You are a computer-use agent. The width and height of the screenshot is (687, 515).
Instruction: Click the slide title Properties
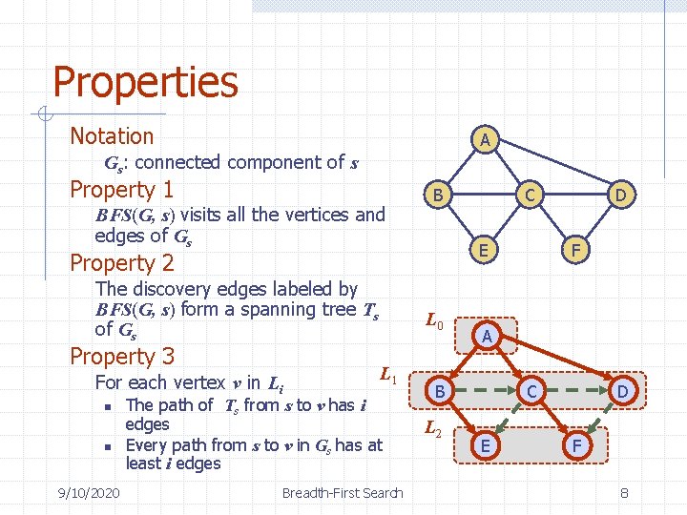(x=145, y=82)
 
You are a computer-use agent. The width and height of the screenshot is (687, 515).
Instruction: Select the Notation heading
(x=112, y=136)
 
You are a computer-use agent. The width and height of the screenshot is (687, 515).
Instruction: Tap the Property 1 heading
(x=122, y=190)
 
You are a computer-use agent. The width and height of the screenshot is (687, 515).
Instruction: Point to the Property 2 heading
(x=122, y=262)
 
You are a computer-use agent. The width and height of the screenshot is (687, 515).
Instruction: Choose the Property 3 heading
(x=122, y=356)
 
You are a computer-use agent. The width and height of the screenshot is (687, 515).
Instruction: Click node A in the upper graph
(x=485, y=140)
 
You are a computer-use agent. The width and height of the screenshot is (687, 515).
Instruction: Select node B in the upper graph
(x=438, y=196)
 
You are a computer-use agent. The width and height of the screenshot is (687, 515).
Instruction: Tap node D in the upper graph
(x=621, y=196)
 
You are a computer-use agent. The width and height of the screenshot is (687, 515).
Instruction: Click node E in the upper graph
(x=486, y=250)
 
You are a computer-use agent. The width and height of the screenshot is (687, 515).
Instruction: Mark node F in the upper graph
(x=576, y=250)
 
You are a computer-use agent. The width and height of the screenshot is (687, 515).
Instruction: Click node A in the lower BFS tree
(x=487, y=336)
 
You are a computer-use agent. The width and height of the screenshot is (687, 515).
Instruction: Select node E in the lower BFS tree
(x=487, y=444)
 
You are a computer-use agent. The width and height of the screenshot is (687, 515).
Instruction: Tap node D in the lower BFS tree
(x=622, y=390)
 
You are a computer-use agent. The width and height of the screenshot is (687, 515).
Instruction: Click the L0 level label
(x=434, y=323)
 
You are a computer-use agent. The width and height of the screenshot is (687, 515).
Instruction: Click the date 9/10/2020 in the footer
(x=88, y=492)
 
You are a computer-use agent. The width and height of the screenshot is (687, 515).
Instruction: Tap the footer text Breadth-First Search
(x=343, y=492)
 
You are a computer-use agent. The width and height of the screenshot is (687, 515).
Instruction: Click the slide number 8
(x=624, y=492)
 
